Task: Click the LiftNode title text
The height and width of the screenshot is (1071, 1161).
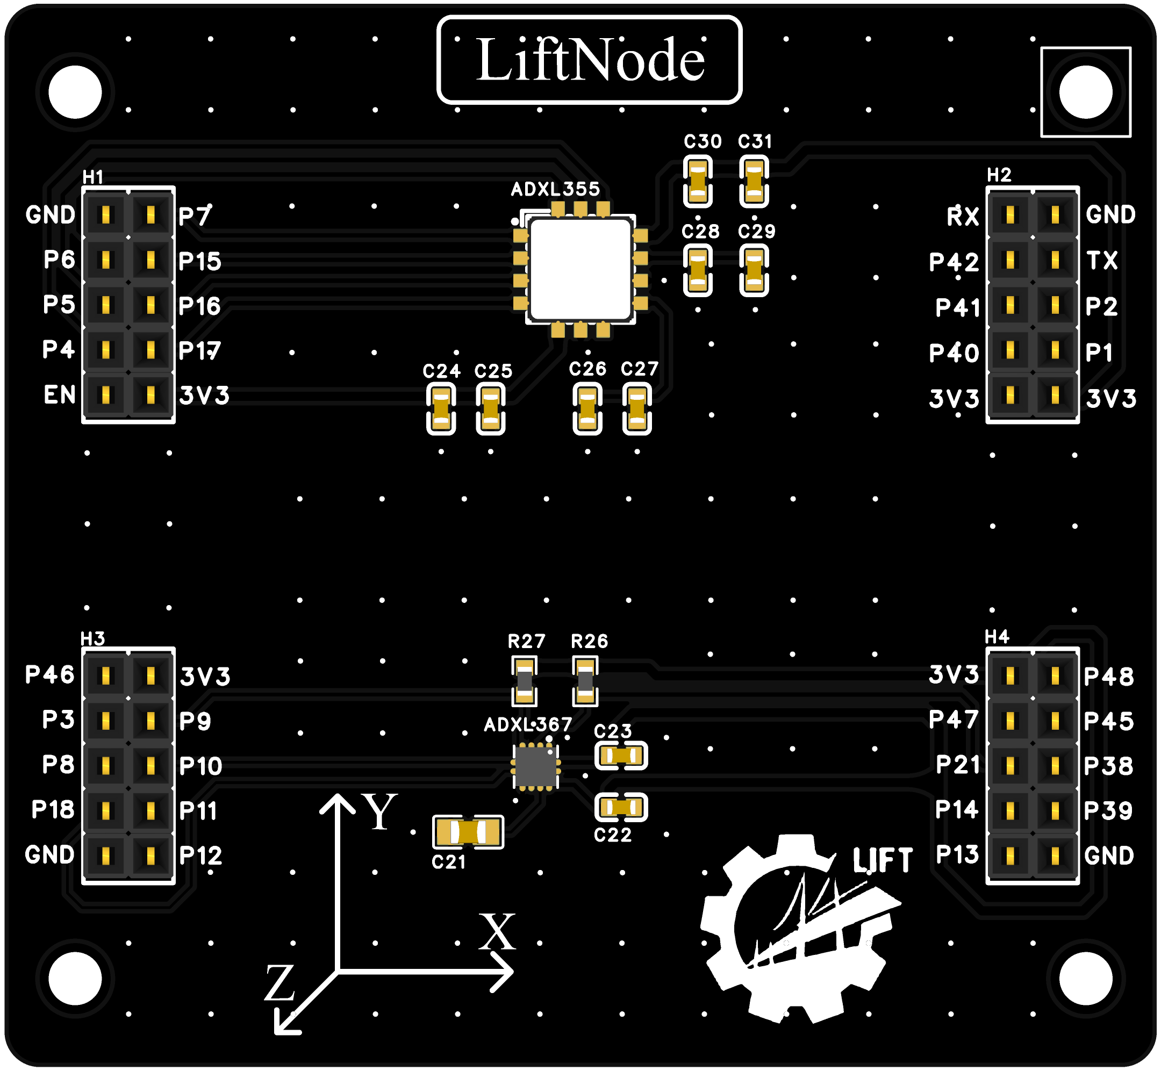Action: point(590,60)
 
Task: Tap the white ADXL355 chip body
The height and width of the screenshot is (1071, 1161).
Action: point(580,269)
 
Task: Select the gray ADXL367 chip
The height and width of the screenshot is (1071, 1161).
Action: point(535,766)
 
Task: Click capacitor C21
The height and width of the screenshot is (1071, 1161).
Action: point(468,832)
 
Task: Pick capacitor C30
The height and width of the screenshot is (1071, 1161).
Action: point(697,182)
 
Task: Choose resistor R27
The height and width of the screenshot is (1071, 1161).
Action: point(525,680)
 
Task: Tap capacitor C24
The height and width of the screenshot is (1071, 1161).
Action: point(441,409)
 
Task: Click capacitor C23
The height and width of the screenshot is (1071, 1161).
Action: point(621,756)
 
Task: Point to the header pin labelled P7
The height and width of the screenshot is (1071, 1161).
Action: point(150,215)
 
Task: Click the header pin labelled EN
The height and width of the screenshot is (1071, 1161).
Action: point(105,396)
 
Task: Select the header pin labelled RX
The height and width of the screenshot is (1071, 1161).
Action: point(1010,215)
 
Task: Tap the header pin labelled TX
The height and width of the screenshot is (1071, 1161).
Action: point(1055,260)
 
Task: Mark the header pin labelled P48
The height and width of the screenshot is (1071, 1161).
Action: point(1055,675)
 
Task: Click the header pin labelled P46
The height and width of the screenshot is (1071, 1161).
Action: point(105,675)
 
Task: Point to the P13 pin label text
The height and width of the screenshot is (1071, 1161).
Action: point(957,854)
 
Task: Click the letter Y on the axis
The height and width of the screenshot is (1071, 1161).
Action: point(379,811)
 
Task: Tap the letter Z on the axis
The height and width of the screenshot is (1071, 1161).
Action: point(280,983)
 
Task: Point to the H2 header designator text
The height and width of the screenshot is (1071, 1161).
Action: point(999,175)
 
